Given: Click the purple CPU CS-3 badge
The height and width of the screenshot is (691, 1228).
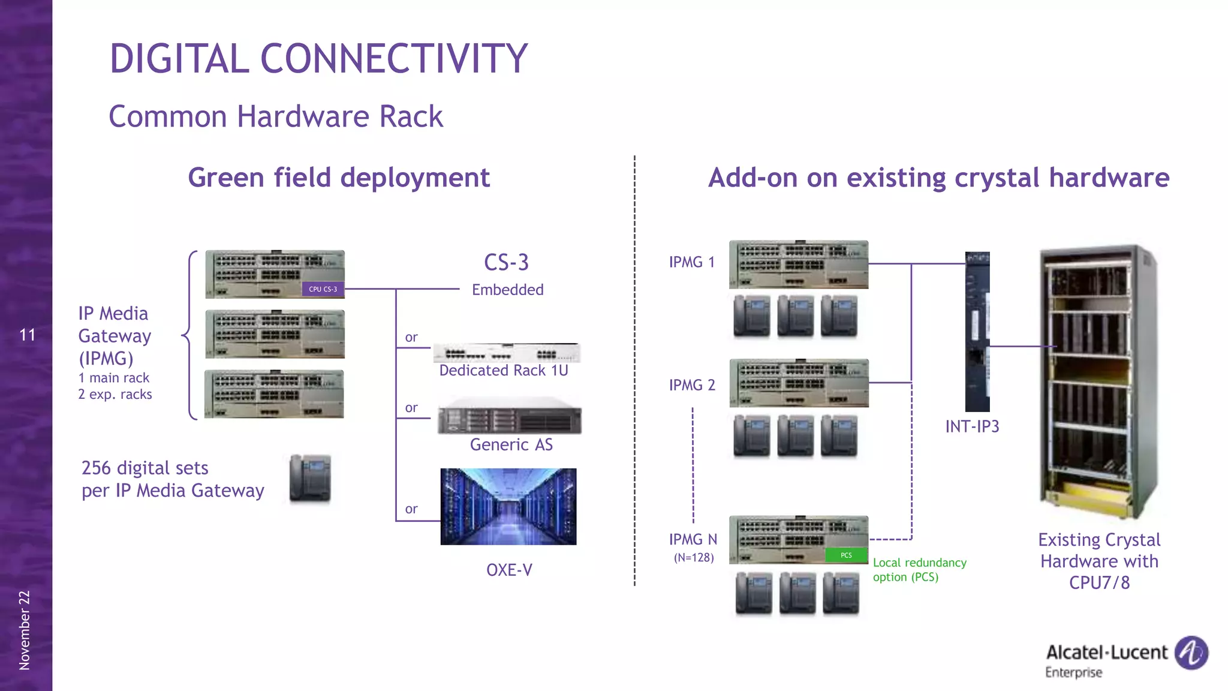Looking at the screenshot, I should point(323,289).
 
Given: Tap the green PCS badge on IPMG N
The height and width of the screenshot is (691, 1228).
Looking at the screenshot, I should point(846,555).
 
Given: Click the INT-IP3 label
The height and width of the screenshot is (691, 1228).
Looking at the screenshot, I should point(972,426).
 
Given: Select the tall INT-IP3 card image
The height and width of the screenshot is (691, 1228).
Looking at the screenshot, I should point(977,331).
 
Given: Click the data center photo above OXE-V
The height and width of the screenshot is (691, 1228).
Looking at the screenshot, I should point(508,507).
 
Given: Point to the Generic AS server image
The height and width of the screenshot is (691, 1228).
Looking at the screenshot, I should point(510,416).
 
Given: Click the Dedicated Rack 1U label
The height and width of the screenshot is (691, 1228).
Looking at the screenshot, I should point(504,371).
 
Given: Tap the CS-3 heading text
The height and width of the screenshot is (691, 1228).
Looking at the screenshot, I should point(507,263).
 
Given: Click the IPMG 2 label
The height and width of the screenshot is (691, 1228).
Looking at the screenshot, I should point(692,385).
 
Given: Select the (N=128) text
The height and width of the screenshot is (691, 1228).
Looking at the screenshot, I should point(694,558).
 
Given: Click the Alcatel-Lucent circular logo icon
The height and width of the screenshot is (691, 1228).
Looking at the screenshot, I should point(1191,653).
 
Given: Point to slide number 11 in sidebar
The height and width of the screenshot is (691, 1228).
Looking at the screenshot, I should point(27,335).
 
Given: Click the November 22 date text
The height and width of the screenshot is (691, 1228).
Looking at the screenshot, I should point(25,630).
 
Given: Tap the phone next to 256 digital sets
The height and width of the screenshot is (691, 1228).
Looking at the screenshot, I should point(310,478).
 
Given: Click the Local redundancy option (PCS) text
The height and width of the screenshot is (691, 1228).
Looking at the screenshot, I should point(919,570).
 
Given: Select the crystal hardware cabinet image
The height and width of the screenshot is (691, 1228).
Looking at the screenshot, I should point(1099,381).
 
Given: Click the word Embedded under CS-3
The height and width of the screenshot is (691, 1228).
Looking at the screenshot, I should point(507,290).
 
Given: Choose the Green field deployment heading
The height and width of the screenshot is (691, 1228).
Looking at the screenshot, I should point(339,178).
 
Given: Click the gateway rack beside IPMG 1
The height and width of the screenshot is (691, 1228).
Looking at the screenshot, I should point(798,265).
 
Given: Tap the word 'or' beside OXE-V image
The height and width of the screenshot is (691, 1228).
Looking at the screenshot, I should point(411,509).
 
